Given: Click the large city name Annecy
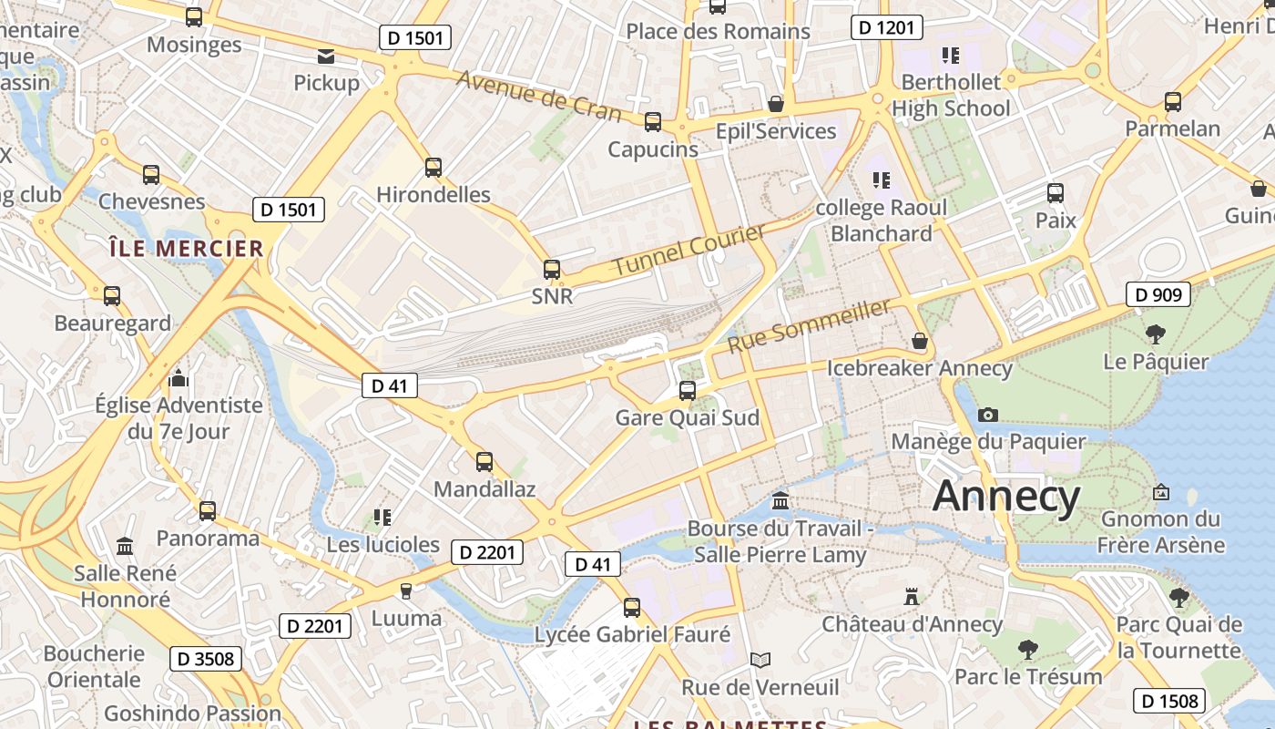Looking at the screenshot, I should tap(1006, 497).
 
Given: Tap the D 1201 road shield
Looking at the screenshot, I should tap(887, 27).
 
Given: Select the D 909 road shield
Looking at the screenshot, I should tap(1158, 293).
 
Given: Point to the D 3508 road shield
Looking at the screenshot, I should tap(205, 658).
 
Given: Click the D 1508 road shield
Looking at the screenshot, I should tap(1169, 701).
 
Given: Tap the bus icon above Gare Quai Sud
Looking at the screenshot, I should tap(688, 391).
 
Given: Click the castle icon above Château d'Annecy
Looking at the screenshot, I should tap(911, 597).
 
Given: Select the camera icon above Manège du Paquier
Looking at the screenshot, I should tap(987, 415).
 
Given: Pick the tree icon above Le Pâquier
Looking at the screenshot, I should tap(1156, 334).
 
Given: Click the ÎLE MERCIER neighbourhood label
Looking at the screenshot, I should tap(186, 248).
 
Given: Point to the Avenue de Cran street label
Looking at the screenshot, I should tap(538, 96).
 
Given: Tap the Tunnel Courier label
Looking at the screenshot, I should tap(689, 251).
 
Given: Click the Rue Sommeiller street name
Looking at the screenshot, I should tap(809, 326).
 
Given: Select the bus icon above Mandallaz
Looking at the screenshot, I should tap(484, 462).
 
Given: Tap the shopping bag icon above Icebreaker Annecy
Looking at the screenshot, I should tap(920, 341).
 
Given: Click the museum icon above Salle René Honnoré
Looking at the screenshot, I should tap(125, 546).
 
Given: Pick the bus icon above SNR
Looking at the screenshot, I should tap(552, 270).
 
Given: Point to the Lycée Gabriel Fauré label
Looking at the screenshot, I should tap(632, 634).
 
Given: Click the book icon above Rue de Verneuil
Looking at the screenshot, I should tap(760, 660).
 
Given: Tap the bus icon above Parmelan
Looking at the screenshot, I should tap(1172, 101).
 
